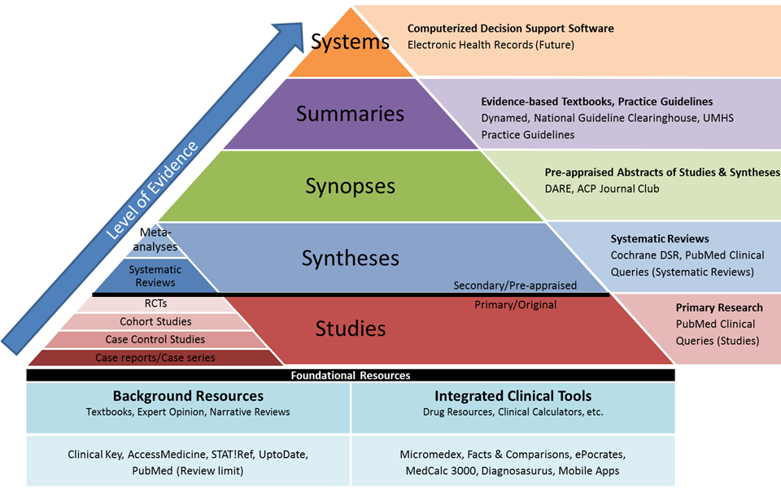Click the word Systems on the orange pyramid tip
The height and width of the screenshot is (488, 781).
tap(350, 41)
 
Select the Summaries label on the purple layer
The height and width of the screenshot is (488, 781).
tap(350, 113)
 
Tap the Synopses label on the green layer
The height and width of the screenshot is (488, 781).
tap(350, 186)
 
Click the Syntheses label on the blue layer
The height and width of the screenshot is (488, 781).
tap(350, 258)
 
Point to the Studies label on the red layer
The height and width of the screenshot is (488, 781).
tap(350, 329)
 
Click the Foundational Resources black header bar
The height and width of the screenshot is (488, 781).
tap(351, 375)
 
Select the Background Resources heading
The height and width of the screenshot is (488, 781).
tap(188, 396)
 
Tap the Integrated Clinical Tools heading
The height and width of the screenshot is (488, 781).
tap(513, 396)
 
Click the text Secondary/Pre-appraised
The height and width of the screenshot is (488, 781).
tap(515, 285)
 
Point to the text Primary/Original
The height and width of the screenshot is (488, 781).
tap(515, 305)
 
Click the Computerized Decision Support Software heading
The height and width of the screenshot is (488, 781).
tap(510, 28)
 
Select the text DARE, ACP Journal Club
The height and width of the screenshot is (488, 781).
tap(602, 189)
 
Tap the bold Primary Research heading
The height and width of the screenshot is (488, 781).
tap(719, 307)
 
